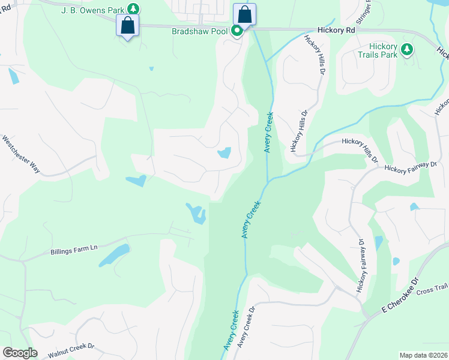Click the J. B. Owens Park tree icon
coord(133,8)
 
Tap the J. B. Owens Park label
coord(94,10)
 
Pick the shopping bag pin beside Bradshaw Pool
coord(244,14)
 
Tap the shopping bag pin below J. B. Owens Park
coord(127,25)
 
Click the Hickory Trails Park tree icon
coord(408,49)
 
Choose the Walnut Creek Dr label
coord(71,349)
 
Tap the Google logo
coord(20,352)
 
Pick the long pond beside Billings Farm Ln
coord(114,255)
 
